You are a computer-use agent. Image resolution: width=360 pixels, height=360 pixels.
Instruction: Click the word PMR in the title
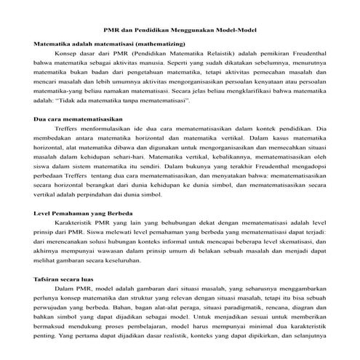pyautogui.click(x=112, y=31)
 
